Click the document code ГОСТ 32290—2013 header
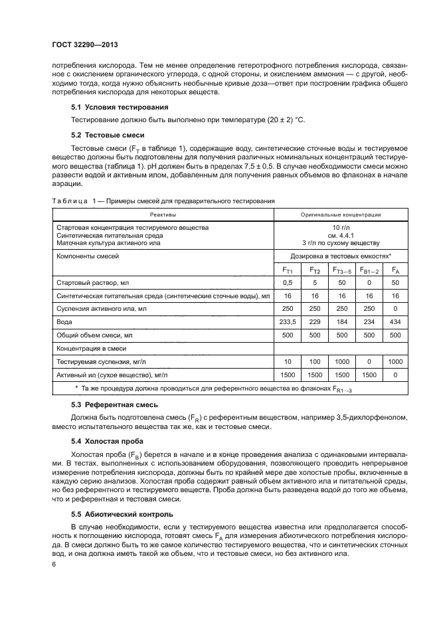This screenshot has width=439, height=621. point(89,45)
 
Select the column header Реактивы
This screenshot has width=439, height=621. point(163,215)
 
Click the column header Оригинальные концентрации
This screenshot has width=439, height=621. point(341,215)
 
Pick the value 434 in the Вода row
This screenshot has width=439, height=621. point(395,321)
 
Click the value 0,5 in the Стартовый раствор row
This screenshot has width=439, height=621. point(288,284)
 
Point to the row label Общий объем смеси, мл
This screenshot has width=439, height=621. point(95,335)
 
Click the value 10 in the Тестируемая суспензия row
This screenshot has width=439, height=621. point(288,361)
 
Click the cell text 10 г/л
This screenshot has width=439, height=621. point(341,227)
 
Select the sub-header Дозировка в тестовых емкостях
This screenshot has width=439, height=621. point(341,255)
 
